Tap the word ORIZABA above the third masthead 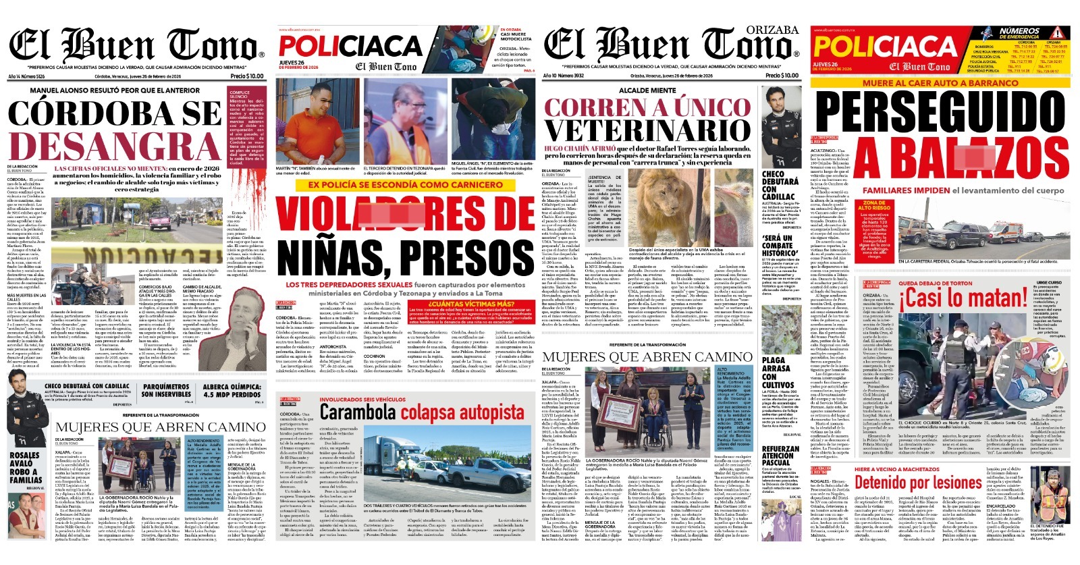pyautogui.click(x=772, y=30)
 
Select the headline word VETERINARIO pyautogui.click(x=647, y=130)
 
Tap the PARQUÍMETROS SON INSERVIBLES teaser pyautogui.click(x=166, y=391)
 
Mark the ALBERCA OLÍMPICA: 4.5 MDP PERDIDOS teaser pyautogui.click(x=232, y=391)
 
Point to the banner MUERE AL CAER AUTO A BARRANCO pyautogui.click(x=940, y=83)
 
